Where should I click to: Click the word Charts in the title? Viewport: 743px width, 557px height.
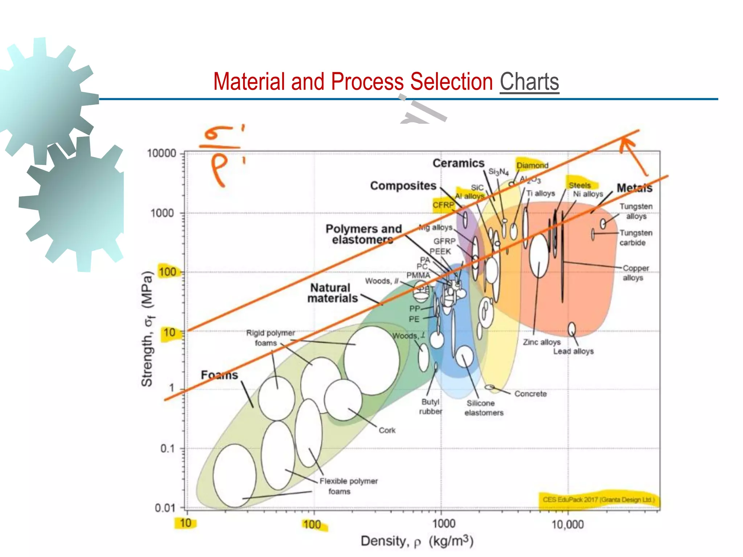point(529,82)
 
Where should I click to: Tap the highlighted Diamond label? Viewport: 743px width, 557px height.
point(532,165)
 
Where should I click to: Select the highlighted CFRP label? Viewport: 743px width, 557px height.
point(443,205)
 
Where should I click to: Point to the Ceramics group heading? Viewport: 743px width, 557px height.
point(458,163)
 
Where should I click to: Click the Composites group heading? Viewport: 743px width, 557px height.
point(403,186)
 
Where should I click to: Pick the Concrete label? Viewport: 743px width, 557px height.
point(530,394)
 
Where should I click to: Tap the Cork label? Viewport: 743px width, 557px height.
point(387,430)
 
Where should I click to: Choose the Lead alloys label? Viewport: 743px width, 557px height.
point(573,351)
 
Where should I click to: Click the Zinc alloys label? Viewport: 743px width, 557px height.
point(541,342)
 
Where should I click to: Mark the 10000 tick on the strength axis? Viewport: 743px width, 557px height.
point(161,153)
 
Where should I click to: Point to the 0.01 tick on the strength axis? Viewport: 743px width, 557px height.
point(165,508)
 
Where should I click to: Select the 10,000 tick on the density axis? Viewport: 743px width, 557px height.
point(567,525)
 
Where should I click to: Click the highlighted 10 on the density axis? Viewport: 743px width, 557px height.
point(185,523)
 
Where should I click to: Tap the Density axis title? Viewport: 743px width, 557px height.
point(417,541)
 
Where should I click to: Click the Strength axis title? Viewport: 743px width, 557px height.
point(147,329)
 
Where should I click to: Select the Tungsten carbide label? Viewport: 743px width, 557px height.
point(636,238)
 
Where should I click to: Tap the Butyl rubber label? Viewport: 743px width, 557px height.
point(431,407)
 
